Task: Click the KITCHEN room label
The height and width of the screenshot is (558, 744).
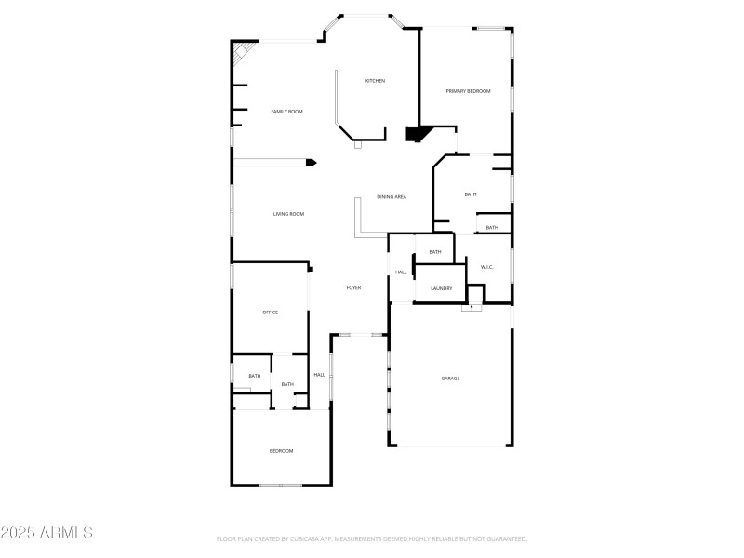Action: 375,81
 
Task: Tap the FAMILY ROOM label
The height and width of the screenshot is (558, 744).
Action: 286,112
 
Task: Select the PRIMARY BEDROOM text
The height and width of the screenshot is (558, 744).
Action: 468,91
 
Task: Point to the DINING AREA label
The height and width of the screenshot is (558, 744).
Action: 392,197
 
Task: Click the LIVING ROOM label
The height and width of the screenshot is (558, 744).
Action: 288,215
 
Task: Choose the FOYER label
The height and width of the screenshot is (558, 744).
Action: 353,288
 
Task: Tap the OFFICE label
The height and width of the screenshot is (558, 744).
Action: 271,312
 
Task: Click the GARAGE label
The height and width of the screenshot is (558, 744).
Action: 450,379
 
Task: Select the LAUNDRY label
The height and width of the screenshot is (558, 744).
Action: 441,289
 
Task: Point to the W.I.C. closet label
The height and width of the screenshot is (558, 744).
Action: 486,268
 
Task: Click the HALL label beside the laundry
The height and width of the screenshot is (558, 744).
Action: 401,272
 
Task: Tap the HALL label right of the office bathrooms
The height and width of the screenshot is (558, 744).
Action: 319,375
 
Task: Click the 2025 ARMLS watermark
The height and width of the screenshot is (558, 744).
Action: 46,534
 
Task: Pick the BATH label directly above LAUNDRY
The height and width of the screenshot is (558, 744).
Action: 434,252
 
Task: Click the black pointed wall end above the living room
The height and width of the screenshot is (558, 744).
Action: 311,163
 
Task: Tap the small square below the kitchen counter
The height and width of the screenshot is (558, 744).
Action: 358,145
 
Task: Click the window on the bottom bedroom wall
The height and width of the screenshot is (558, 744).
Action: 280,485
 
